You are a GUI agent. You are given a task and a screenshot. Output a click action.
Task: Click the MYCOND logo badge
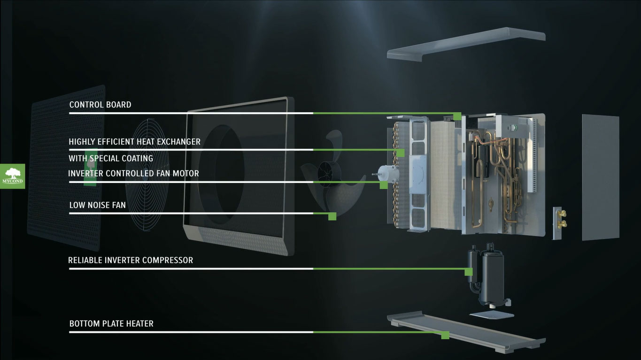13,176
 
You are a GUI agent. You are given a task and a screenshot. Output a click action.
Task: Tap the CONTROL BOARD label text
100,105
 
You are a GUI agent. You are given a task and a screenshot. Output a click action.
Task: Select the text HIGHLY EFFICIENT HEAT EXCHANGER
134,142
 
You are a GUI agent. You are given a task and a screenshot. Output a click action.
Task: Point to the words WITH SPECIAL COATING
111,158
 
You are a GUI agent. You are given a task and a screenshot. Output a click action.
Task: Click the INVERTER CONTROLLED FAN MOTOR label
133,173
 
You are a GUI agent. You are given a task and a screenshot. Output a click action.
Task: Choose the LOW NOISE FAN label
97,205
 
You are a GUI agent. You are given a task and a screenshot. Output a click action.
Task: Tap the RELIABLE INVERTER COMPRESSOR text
131,260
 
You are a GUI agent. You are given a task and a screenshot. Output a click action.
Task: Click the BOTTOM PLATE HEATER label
111,324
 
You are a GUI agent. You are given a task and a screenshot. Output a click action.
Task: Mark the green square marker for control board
457,116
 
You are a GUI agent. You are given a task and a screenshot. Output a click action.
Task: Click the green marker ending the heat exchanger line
401,153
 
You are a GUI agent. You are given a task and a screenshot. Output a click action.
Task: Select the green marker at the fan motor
384,185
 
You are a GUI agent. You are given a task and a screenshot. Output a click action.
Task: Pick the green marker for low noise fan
332,216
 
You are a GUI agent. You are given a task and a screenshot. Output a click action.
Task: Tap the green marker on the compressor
469,272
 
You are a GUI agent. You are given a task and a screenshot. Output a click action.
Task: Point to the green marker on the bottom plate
445,335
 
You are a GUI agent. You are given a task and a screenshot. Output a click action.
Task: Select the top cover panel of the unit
466,44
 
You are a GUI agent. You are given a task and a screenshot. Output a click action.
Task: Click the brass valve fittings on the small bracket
562,219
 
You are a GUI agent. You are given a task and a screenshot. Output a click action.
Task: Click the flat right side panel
601,177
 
